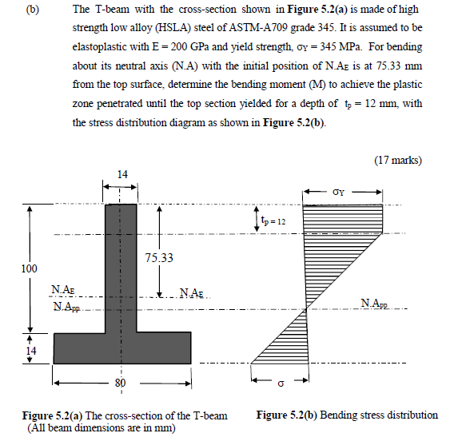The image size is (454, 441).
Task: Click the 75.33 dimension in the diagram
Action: pos(160,258)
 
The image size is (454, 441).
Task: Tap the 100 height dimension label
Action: pos(28,268)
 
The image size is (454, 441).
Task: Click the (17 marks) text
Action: pos(397,160)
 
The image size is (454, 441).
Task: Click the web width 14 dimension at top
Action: pos(121,174)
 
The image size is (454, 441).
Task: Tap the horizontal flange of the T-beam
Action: pos(121,347)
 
